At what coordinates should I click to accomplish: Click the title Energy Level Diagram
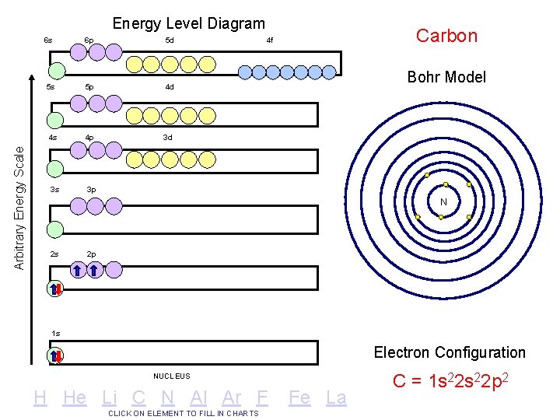[x=188, y=24]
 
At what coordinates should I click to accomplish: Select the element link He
[x=75, y=397]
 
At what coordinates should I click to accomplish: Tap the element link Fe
[x=299, y=397]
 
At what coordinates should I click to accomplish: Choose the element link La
[x=336, y=397]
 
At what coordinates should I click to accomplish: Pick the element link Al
[x=201, y=397]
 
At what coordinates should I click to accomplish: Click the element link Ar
[x=232, y=397]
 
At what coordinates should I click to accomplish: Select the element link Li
[x=110, y=397]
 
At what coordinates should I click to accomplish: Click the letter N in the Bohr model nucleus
[x=443, y=202]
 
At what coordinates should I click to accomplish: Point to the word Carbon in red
[x=446, y=35]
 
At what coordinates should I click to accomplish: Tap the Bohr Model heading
[x=446, y=76]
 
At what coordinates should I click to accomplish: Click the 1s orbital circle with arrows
[x=56, y=356]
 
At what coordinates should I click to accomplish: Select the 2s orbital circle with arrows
[x=56, y=289]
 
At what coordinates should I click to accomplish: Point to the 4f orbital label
[x=269, y=40]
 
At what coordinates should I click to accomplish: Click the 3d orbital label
[x=167, y=137]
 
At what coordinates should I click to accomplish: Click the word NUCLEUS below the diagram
[x=171, y=376]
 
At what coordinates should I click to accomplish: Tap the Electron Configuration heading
[x=450, y=352]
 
